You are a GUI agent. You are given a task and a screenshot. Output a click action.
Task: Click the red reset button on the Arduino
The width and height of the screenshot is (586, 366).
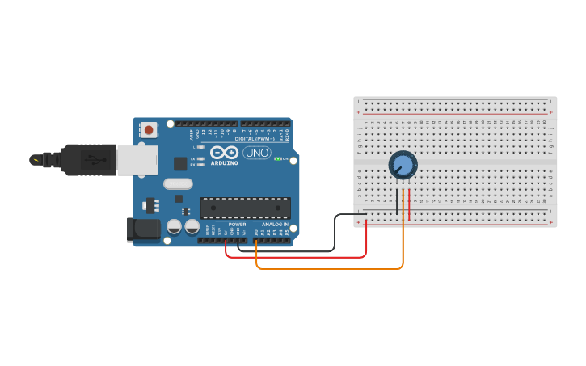coord(149,129)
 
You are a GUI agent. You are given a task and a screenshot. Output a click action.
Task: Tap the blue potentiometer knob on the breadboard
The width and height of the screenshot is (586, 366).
coord(403,165)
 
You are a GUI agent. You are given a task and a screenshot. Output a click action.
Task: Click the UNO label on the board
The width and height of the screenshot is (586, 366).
coord(256,153)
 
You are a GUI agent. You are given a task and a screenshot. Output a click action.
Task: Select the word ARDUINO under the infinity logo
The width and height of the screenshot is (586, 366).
coord(224,162)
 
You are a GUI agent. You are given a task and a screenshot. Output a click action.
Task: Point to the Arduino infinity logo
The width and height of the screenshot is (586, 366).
coord(224,152)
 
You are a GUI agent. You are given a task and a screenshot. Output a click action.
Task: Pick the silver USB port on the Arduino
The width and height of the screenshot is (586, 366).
coord(137,159)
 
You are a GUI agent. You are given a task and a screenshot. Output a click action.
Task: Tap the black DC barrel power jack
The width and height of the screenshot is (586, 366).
coord(145,229)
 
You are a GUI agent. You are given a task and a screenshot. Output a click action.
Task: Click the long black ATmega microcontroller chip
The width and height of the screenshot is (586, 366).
coord(245,208)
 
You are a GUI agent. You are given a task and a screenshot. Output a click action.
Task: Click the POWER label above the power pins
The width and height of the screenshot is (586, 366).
coord(237,224)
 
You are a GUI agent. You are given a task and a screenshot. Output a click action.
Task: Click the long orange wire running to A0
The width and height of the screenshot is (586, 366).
coord(339,268)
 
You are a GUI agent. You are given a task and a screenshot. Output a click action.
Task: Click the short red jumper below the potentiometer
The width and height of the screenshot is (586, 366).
coord(409,204)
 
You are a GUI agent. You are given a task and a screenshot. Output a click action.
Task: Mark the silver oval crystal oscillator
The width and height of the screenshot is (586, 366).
coord(178,183)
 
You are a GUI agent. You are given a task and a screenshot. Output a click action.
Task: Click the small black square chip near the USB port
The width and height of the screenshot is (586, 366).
coord(179,163)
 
